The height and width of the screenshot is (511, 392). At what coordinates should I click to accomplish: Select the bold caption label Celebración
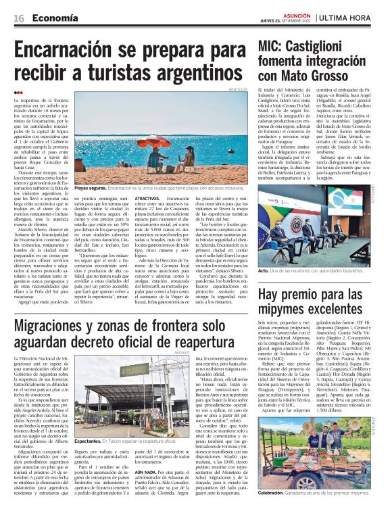pyautogui.click(x=276, y=503)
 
